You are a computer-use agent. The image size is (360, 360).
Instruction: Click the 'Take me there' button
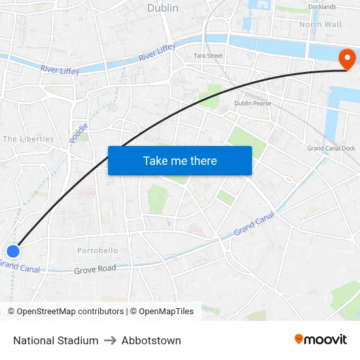(180, 160)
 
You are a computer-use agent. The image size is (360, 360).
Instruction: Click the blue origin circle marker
(13, 251)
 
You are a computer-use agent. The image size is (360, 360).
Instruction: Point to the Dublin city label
(163, 8)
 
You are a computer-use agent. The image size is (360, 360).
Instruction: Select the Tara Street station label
(208, 56)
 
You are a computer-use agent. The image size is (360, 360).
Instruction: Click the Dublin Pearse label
(253, 103)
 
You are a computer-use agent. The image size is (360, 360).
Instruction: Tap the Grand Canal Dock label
(331, 149)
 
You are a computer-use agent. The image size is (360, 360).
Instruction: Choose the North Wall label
(320, 24)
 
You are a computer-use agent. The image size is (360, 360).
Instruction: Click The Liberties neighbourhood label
(28, 139)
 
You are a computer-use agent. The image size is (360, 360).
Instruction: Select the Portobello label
(98, 251)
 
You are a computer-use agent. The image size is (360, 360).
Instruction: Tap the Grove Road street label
(95, 269)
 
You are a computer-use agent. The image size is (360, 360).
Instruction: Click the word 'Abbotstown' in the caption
(151, 340)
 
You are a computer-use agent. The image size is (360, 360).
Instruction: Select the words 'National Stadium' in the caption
(56, 340)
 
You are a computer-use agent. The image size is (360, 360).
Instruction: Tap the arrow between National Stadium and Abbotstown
(110, 340)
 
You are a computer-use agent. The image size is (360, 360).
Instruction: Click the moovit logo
(320, 339)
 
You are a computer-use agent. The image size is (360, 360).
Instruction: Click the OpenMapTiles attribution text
(162, 312)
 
